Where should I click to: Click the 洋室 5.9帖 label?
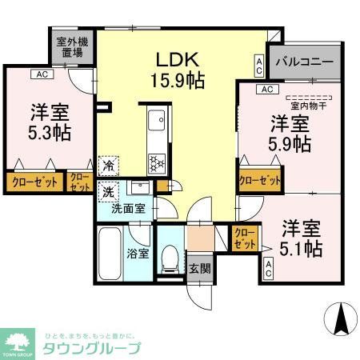(289, 133)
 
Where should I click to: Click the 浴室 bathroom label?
(138, 254)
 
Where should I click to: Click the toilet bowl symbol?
(169, 255)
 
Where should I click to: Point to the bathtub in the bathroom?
(110, 253)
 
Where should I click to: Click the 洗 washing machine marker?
(108, 192)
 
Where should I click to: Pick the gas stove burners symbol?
(155, 159)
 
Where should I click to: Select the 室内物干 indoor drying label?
(301, 103)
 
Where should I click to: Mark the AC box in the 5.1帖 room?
(268, 270)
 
